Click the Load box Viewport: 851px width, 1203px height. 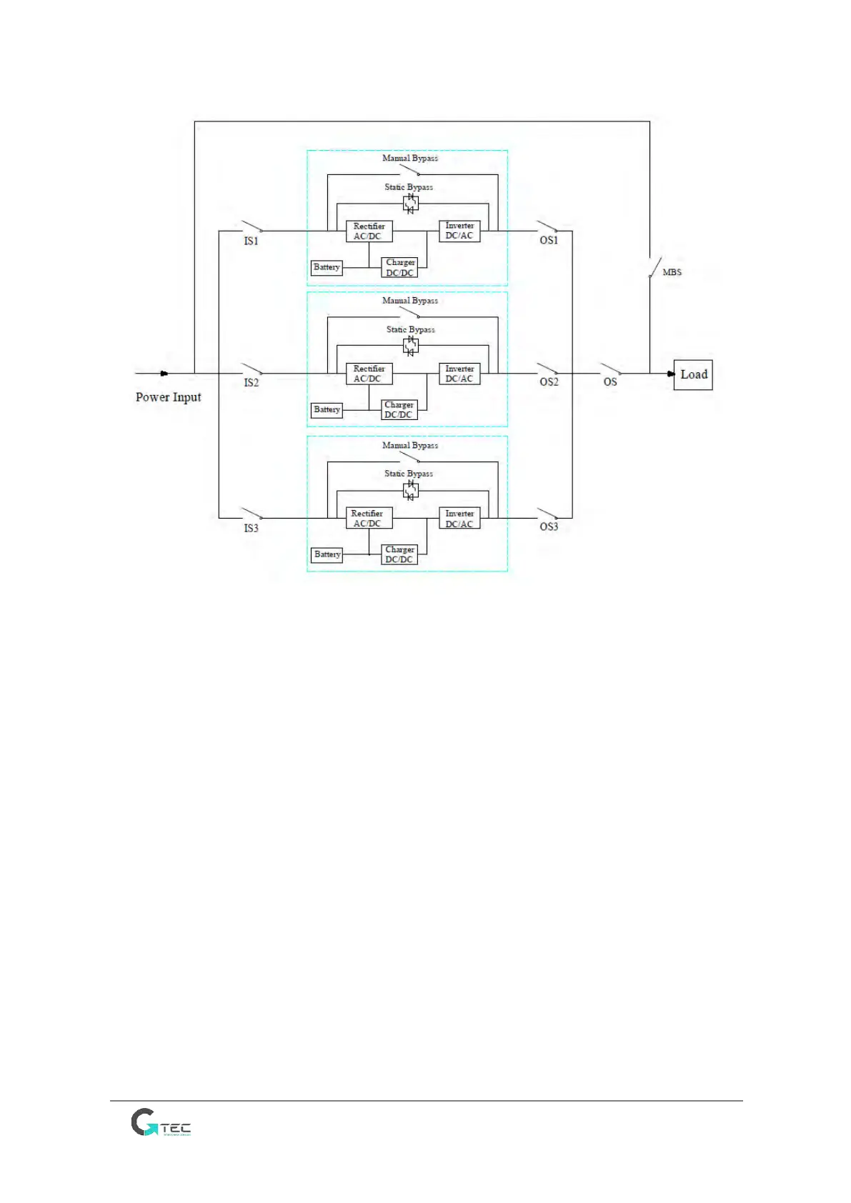(x=692, y=375)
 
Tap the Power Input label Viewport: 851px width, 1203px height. (x=168, y=397)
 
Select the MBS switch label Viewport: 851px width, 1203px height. (x=672, y=272)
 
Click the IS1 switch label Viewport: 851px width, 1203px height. (x=251, y=241)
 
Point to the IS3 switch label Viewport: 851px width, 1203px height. (x=251, y=529)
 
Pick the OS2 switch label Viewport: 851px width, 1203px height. (x=549, y=382)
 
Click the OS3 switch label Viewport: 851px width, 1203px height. (x=549, y=527)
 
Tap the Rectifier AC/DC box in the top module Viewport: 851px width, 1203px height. (x=369, y=231)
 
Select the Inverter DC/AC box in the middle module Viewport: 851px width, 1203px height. (x=459, y=374)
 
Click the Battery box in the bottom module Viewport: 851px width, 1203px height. (x=327, y=554)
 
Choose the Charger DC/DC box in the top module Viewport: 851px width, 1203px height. (x=400, y=268)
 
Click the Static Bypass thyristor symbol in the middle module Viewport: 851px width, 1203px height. (x=410, y=346)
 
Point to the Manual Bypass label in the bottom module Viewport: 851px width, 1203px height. (x=410, y=446)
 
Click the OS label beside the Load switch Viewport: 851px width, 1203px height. (x=610, y=382)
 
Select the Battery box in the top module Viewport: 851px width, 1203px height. (x=327, y=268)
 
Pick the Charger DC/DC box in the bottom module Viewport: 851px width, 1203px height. (x=399, y=555)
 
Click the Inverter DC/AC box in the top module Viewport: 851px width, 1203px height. (x=459, y=231)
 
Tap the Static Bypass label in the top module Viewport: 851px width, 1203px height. (x=409, y=187)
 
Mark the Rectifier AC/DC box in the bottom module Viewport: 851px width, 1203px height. (x=369, y=519)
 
